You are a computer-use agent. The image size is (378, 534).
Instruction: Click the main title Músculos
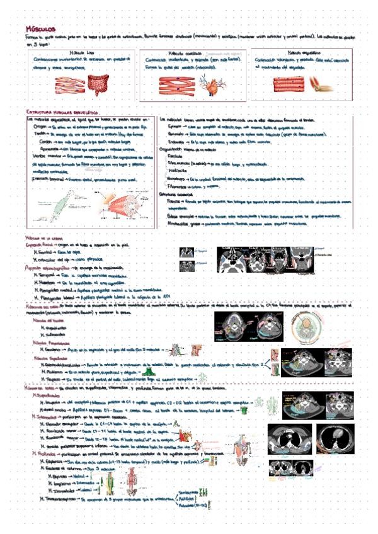pos(41,29)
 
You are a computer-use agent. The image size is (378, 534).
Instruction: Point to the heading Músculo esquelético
pos(299,54)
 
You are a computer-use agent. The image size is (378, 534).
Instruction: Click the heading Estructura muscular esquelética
pos(60,111)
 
